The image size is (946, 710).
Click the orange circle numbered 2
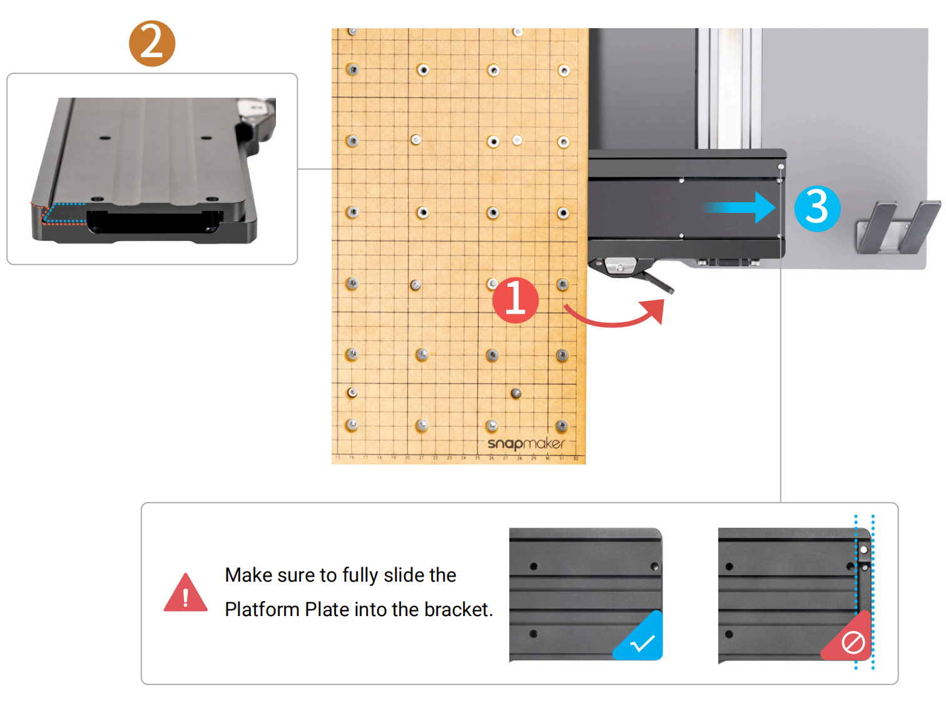click(x=152, y=43)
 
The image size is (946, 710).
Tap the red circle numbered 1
click(x=515, y=300)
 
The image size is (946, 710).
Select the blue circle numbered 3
click(x=817, y=208)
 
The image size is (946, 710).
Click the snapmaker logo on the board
click(x=526, y=443)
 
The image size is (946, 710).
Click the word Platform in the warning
click(x=262, y=609)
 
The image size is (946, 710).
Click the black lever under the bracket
click(x=657, y=282)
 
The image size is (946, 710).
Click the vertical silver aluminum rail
click(x=729, y=88)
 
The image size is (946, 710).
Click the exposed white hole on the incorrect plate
click(x=863, y=550)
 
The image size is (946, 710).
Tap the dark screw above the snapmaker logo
click(x=516, y=393)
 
